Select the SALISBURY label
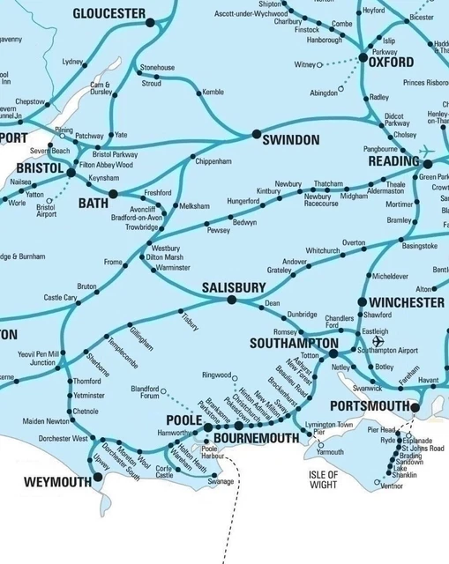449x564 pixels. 233,287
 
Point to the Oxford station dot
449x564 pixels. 363,57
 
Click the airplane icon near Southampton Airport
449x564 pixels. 379,340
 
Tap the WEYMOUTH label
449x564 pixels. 57,482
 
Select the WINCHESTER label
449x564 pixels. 400,302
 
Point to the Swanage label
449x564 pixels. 221,482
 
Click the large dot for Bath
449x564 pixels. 113,194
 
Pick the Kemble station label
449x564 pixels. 213,92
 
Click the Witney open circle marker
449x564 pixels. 319,64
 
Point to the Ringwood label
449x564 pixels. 219,375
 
